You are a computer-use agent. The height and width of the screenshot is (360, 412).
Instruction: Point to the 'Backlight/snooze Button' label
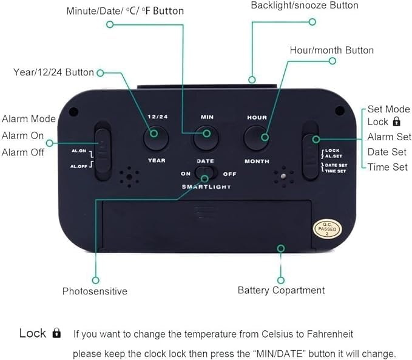(x=305, y=5)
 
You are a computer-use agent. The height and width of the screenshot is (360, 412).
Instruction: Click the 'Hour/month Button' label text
(x=332, y=50)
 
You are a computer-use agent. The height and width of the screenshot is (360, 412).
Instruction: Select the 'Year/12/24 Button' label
(x=53, y=72)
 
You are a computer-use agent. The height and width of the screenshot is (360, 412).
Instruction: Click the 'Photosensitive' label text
(x=95, y=291)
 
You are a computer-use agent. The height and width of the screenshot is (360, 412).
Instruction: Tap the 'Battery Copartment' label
(x=281, y=290)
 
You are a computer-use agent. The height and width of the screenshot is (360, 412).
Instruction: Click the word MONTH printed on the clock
(x=257, y=161)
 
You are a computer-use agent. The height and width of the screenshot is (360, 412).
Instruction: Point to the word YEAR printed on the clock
(x=157, y=161)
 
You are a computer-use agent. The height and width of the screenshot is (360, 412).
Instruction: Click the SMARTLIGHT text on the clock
(x=206, y=187)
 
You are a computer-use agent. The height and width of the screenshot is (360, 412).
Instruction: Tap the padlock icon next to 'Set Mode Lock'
(x=396, y=122)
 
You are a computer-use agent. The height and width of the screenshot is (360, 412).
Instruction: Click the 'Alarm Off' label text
(x=23, y=152)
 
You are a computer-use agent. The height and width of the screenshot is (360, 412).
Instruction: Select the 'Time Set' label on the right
(x=387, y=167)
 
